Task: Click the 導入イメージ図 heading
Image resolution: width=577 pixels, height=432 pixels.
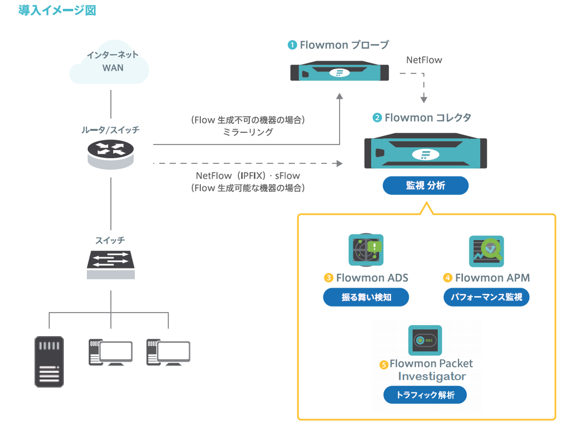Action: [57, 10]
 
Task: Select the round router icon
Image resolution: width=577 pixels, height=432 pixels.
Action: [111, 153]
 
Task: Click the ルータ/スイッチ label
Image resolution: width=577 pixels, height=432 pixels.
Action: [111, 130]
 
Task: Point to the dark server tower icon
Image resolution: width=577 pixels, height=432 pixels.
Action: [49, 361]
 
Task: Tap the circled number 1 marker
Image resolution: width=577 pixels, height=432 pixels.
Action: [292, 45]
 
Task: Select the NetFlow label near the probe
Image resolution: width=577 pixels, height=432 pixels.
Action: [424, 60]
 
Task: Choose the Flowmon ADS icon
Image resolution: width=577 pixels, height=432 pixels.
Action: [366, 251]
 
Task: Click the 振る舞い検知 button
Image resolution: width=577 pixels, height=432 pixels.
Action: [366, 297]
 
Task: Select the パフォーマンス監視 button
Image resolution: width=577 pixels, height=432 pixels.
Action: [486, 297]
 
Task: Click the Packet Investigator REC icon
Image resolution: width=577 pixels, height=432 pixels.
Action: [425, 340]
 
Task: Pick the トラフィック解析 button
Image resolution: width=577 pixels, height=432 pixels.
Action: [425, 395]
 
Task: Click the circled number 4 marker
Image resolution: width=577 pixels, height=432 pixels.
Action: [448, 278]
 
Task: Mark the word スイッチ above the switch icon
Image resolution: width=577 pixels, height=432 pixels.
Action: [110, 240]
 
